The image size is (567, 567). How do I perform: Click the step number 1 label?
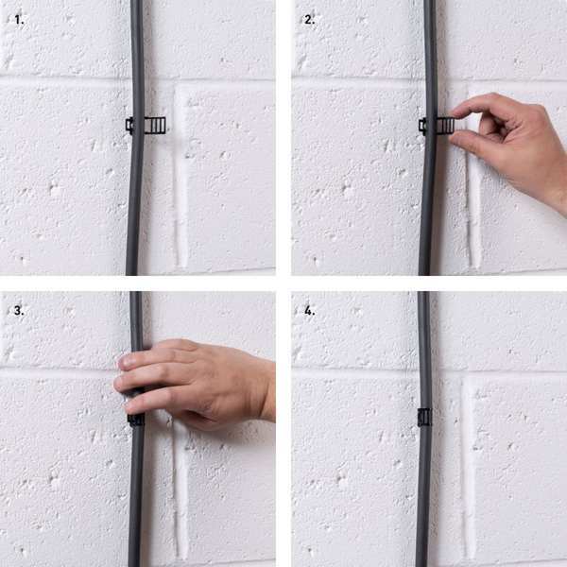coord(19,20)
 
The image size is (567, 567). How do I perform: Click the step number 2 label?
coord(309,20)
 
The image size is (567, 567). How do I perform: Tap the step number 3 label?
coord(19,310)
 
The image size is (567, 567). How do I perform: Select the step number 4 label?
coord(310,310)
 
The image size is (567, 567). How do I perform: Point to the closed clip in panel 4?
coord(424,418)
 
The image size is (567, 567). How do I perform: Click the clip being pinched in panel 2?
coord(437,126)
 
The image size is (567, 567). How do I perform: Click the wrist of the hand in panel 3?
coord(266,391)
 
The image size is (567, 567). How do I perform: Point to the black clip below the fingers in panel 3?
coord(135,421)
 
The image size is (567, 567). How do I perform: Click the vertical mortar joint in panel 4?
coord(470,470)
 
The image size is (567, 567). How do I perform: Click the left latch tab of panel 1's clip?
coord(129,125)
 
